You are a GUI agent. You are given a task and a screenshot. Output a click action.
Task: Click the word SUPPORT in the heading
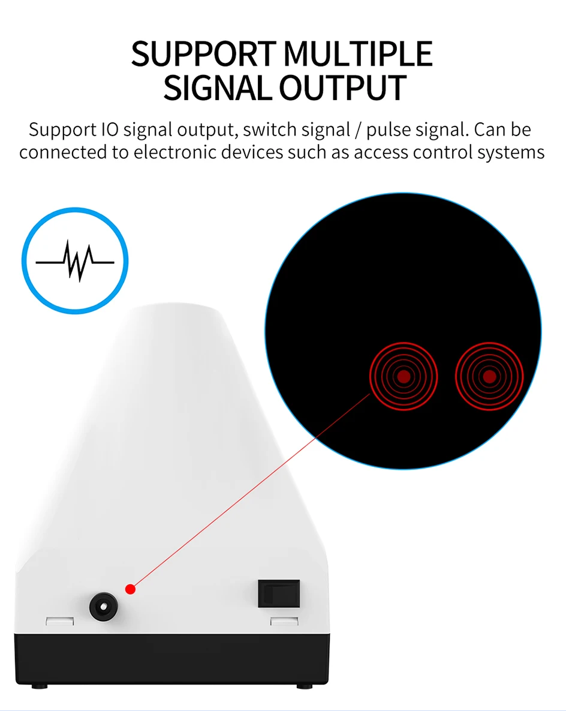pos(204,55)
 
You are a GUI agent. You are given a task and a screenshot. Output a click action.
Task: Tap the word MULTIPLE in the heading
pos(358,55)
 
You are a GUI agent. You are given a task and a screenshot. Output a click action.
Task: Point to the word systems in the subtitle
pos(511,152)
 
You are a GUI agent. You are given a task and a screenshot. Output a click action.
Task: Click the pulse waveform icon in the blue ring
pos(75,260)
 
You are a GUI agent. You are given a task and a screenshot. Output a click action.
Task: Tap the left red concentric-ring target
pos(404,376)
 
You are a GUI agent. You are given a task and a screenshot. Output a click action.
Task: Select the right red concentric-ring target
pos(489,376)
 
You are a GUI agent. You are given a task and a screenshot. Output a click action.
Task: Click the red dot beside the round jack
pos(131,590)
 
